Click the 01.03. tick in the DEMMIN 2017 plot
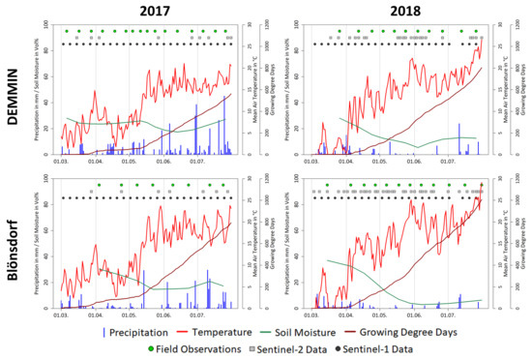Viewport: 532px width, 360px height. tap(60, 162)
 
